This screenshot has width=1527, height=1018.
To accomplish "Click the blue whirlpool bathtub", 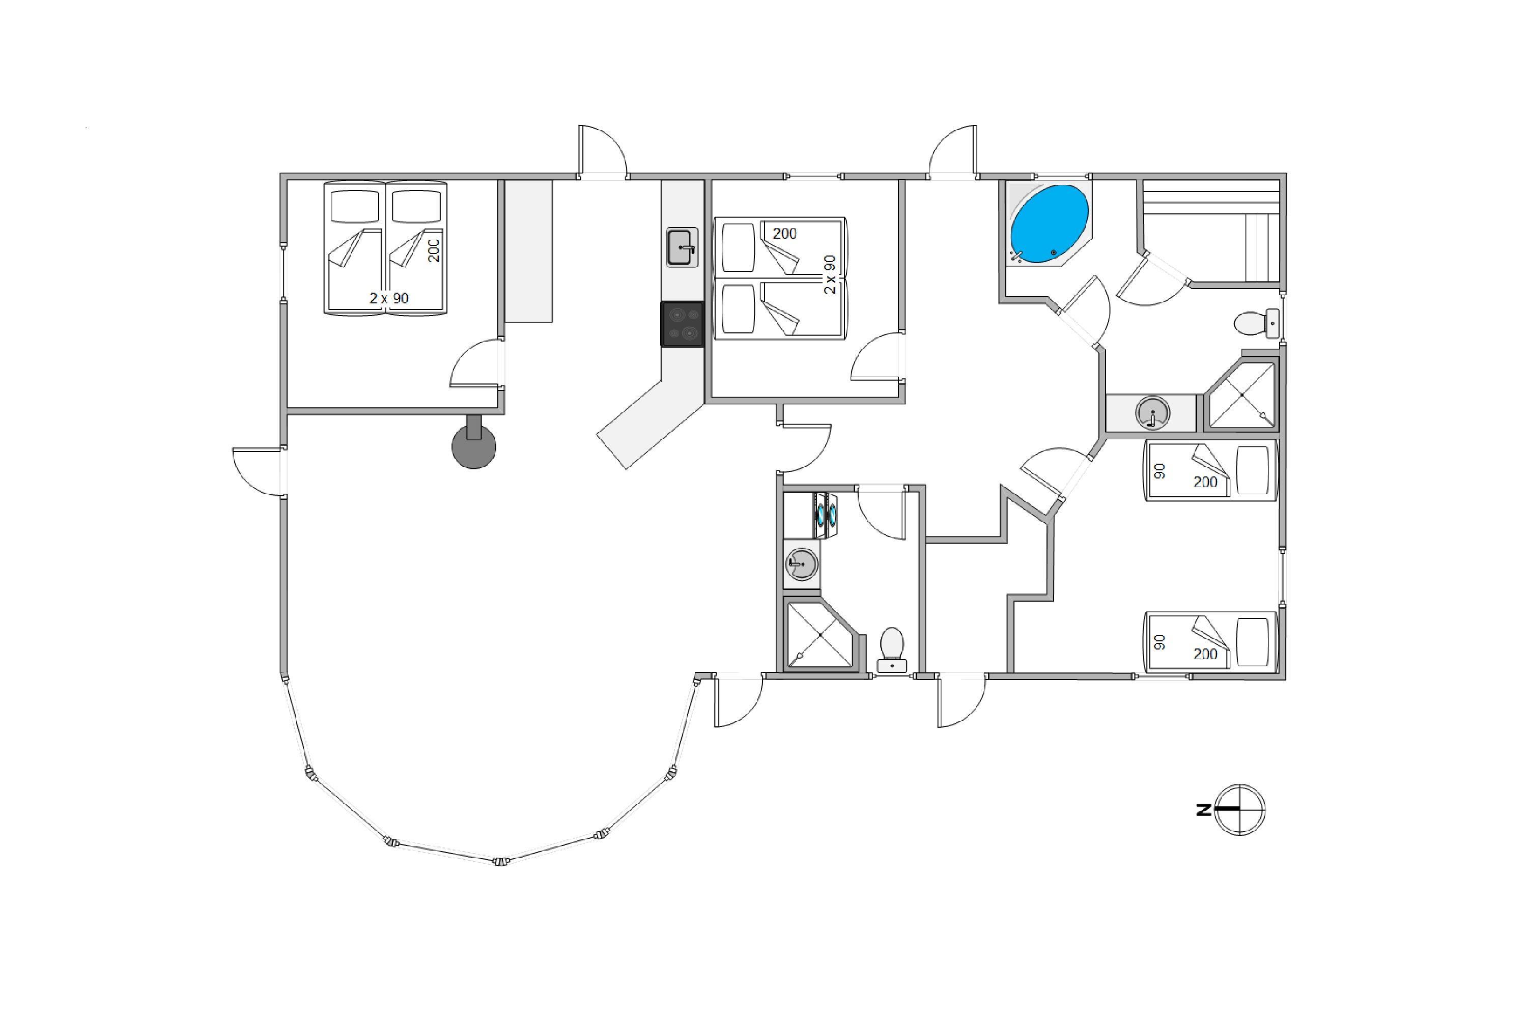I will tap(1049, 224).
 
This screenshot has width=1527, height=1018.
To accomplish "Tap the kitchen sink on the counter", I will tap(681, 247).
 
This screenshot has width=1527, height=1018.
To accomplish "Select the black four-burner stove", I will tap(682, 324).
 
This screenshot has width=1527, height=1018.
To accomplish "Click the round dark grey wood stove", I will tap(474, 447).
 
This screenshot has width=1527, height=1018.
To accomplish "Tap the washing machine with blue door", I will tap(825, 515).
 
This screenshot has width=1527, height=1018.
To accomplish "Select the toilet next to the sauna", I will tap(1256, 323).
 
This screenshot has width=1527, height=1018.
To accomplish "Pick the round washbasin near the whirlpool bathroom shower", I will tap(1152, 413).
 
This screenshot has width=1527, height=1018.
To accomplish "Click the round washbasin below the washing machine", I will tap(802, 563).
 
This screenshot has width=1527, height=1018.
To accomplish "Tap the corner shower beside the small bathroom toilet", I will tap(821, 635).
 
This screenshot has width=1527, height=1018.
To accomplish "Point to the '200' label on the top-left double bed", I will tap(434, 250).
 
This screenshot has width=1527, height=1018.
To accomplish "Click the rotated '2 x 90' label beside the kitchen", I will tap(830, 274).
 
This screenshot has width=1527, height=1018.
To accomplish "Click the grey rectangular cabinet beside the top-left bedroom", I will tap(528, 251).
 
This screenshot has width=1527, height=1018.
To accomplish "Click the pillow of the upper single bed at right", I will tap(1252, 470).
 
